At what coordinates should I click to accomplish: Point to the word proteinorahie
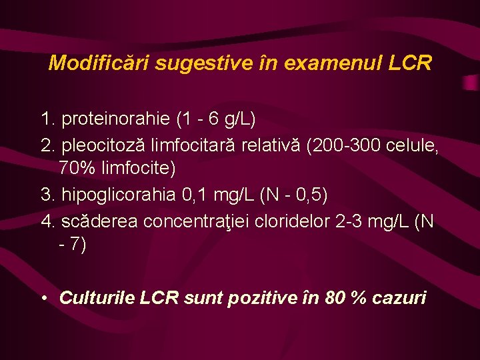tap(116, 120)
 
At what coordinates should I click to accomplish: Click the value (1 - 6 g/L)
tap(216, 120)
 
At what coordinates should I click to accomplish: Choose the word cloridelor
tap(293, 220)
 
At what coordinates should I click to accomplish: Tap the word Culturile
tap(97, 298)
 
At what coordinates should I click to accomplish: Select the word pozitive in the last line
tap(263, 298)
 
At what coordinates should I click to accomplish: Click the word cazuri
tap(398, 298)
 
